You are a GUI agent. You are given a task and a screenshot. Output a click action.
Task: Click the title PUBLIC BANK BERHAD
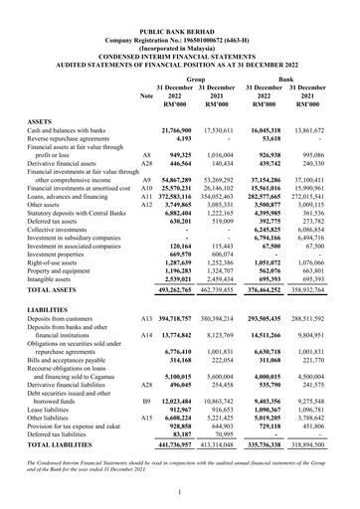pyautogui.click(x=180, y=6)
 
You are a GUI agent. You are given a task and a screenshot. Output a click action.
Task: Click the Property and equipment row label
pyautogui.click(x=64, y=244)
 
